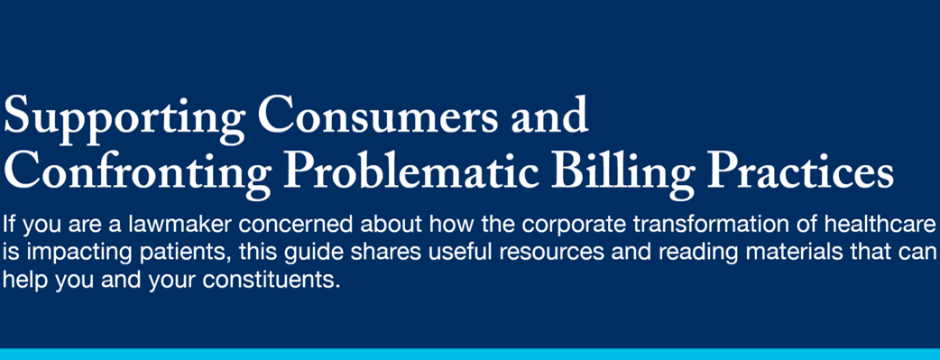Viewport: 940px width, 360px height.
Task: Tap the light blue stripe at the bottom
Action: pyautogui.click(x=470, y=353)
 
